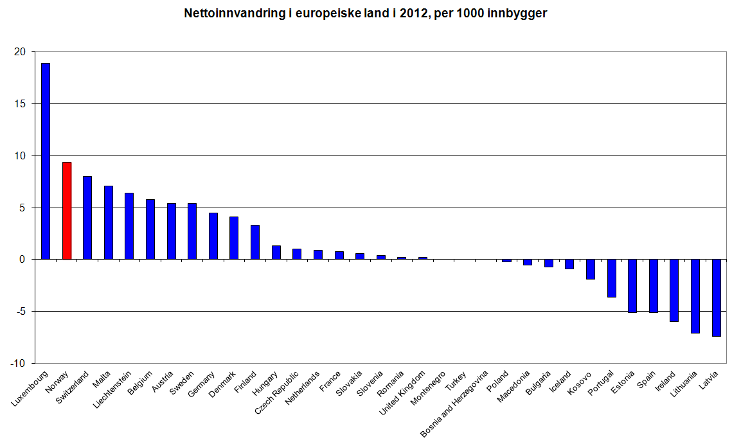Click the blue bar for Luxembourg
click(46, 161)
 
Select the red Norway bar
click(66, 211)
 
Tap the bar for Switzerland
click(87, 218)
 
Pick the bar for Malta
click(109, 222)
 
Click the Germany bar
click(213, 236)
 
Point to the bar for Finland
click(255, 242)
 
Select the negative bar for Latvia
click(716, 297)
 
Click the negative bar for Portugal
click(611, 278)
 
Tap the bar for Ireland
click(674, 290)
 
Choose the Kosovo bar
click(591, 269)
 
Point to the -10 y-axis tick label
click(19, 364)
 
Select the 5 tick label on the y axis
click(23, 208)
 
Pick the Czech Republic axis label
click(278, 391)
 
